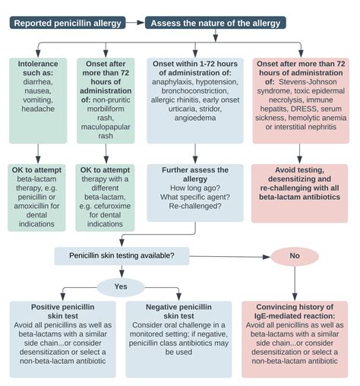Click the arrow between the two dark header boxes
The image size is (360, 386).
137,23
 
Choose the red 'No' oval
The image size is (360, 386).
294,255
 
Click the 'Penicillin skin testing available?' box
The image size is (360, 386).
122,255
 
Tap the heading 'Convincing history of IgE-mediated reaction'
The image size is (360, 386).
299,312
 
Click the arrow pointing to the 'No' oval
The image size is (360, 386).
257,255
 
